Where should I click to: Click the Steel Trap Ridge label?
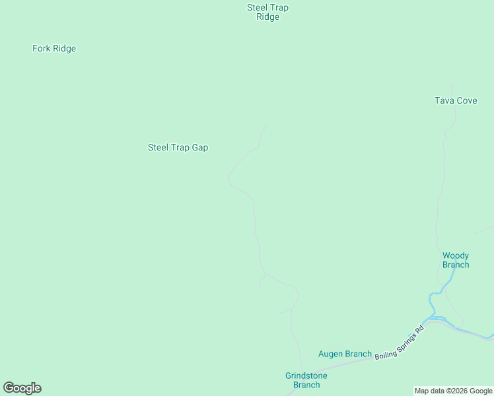tap(267, 13)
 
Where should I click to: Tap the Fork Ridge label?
tap(54, 49)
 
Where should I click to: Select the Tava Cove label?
tap(456, 101)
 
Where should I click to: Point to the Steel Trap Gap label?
tap(178, 148)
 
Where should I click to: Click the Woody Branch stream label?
tap(456, 260)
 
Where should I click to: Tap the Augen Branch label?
tap(345, 354)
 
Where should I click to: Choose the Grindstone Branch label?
tap(306, 380)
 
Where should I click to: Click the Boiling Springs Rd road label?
tap(398, 342)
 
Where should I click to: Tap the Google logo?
tap(22, 388)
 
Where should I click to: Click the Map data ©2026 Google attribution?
tap(453, 391)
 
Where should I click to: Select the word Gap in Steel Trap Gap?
tap(199, 148)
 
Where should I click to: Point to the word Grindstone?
tap(306, 376)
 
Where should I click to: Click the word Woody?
tap(456, 255)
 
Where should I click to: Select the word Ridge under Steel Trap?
tap(267, 17)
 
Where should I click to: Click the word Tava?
tap(443, 101)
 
